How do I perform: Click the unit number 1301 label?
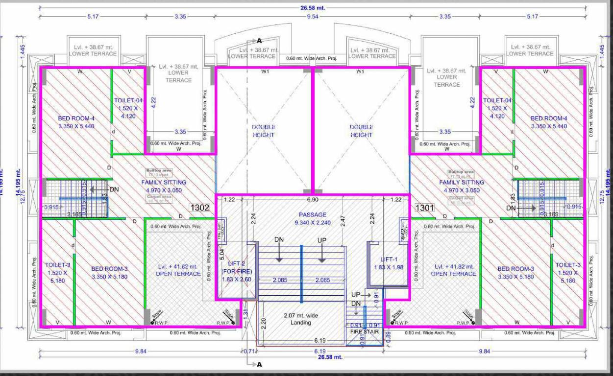click(425, 208)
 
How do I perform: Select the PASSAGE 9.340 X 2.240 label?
click(313, 219)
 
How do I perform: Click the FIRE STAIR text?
click(365, 331)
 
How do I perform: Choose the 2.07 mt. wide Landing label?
click(300, 319)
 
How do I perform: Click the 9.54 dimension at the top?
click(312, 17)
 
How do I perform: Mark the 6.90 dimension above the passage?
click(313, 200)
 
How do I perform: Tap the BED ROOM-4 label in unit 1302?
click(76, 122)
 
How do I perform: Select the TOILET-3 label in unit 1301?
click(567, 273)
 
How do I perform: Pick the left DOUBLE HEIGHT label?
click(264, 131)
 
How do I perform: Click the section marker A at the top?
click(259, 41)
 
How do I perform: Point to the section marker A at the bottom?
click(260, 364)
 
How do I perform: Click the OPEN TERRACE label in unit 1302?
click(178, 270)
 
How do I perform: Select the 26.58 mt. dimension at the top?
click(312, 8)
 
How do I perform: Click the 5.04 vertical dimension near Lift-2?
click(221, 255)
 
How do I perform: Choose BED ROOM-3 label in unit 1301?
click(515, 273)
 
